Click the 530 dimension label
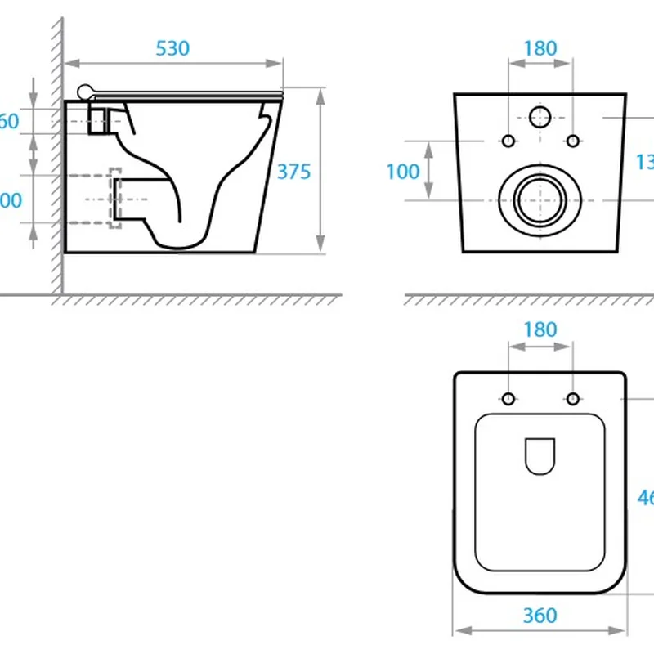[172, 48]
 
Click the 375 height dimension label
[293, 172]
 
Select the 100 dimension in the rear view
[402, 172]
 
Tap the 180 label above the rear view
[540, 48]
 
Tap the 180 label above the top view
[540, 330]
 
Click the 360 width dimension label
[540, 615]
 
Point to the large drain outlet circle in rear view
[540, 199]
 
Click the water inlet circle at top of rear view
[540, 118]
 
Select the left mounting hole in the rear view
[508, 141]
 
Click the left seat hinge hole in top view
[508, 399]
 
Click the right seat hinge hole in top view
[572, 399]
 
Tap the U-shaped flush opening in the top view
[540, 455]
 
